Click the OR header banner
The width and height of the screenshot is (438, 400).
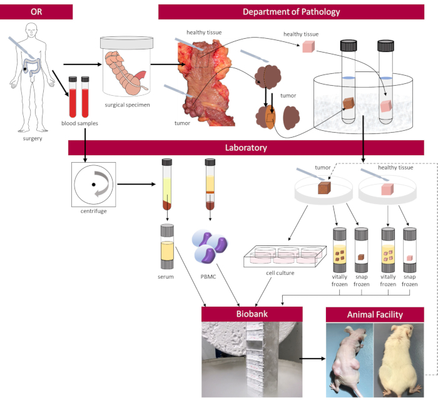pyautogui.click(x=36, y=12)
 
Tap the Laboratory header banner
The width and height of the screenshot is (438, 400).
pyautogui.click(x=246, y=148)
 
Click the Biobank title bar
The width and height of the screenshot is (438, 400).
pyautogui.click(x=252, y=314)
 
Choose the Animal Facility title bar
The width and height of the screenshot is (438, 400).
pyautogui.click(x=375, y=314)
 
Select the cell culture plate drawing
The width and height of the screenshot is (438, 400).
pyautogui.click(x=285, y=257)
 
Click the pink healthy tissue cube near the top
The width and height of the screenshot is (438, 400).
pyautogui.click(x=308, y=47)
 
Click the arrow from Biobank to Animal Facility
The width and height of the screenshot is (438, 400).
pyautogui.click(x=312, y=359)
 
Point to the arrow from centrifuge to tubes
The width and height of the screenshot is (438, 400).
pyautogui.click(x=136, y=185)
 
